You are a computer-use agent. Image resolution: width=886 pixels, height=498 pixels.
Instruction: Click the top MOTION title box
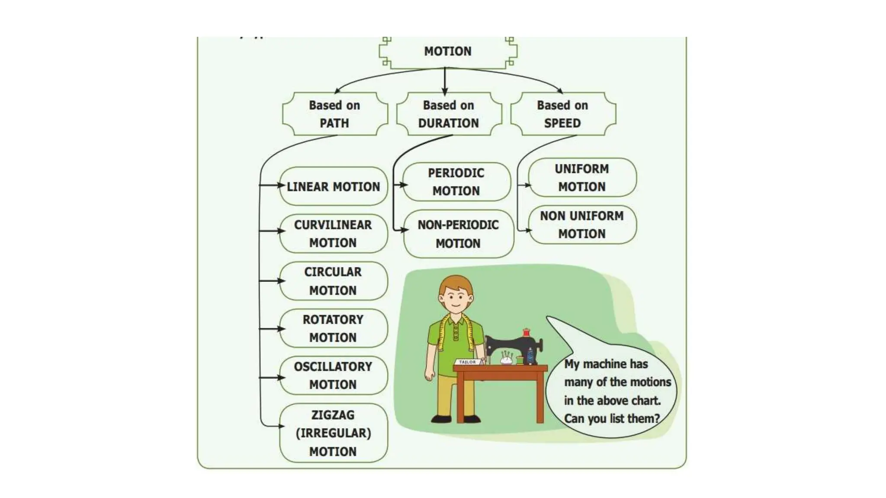pos(448,51)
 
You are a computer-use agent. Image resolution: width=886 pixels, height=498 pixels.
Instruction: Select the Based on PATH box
pos(334,114)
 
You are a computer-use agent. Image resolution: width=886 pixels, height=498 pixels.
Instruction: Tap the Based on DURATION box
pos(449,114)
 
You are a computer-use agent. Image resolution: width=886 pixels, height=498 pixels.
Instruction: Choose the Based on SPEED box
pos(562,114)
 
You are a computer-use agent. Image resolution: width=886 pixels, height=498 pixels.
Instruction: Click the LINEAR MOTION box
pos(333,186)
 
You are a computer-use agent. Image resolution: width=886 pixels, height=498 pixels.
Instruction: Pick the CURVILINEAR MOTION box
pos(333,233)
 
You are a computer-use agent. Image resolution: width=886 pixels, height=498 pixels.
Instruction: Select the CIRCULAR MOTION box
pos(333,281)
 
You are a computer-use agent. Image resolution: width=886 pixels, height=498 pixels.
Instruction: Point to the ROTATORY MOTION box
pos(333,328)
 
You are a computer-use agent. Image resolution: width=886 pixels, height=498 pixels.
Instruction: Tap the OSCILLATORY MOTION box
pos(333,375)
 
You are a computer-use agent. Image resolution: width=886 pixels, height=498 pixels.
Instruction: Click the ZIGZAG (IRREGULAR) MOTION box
pos(333,433)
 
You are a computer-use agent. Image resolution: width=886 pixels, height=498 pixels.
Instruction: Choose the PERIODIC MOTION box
pos(456,182)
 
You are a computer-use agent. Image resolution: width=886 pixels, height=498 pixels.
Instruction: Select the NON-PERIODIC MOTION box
pos(458,234)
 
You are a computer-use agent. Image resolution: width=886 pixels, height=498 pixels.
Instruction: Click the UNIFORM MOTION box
pos(582,177)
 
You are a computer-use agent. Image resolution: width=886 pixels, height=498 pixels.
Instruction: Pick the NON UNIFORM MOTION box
pos(582,224)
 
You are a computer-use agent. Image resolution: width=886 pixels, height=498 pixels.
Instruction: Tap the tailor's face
pos(455,298)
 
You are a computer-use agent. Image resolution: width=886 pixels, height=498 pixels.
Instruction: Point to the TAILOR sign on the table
pos(467,362)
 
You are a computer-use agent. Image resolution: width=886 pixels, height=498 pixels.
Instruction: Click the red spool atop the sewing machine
pos(526,332)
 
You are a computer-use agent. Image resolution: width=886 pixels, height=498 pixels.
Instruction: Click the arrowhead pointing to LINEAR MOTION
pos(282,185)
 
